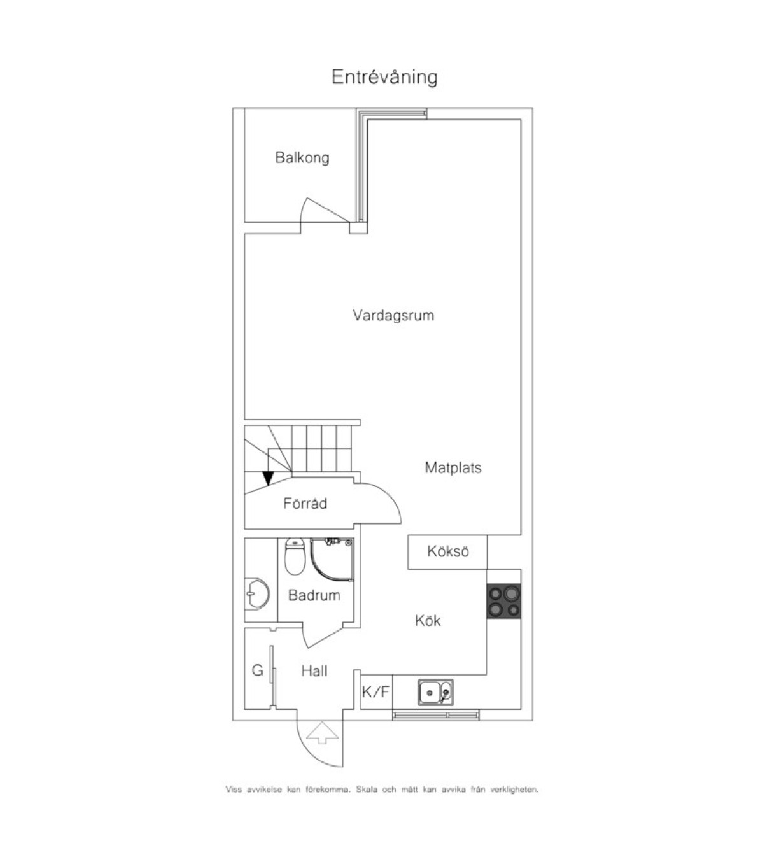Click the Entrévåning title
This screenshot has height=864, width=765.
(384, 77)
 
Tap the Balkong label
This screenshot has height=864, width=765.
(302, 158)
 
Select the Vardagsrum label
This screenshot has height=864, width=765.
(393, 316)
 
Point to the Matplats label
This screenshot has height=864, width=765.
(453, 468)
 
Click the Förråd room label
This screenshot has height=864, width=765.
(305, 504)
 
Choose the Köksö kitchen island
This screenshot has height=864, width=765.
(447, 552)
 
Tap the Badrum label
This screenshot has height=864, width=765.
(314, 595)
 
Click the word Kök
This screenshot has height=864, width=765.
(427, 621)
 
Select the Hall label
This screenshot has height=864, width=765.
(314, 671)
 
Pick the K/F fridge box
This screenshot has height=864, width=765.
(376, 691)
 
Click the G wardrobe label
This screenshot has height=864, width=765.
(257, 670)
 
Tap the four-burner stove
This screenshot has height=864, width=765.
(503, 601)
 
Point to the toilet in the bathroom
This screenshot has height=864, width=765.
(295, 556)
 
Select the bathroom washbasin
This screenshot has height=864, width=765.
(257, 593)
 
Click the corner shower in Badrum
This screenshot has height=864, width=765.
(332, 559)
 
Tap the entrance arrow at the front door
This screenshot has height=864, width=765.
(323, 733)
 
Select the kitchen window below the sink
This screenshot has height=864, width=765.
(435, 715)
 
